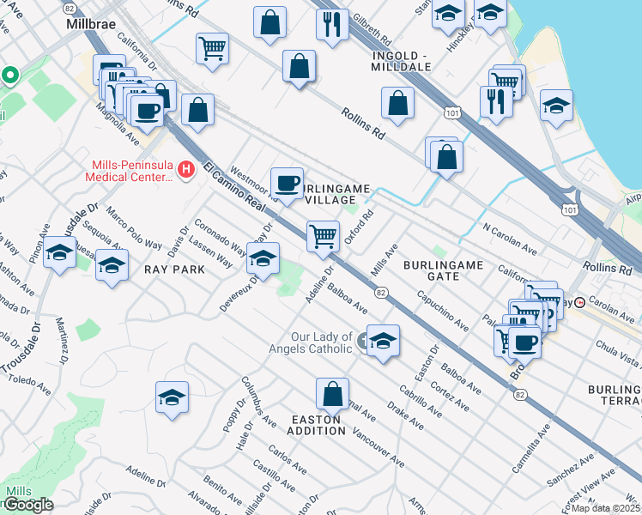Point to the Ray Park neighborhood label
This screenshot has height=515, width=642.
click(x=174, y=269)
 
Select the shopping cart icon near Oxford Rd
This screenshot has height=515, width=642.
click(x=323, y=235)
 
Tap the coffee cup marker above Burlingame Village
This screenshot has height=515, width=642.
click(x=287, y=182)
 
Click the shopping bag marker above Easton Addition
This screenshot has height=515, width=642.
click(x=332, y=394)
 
